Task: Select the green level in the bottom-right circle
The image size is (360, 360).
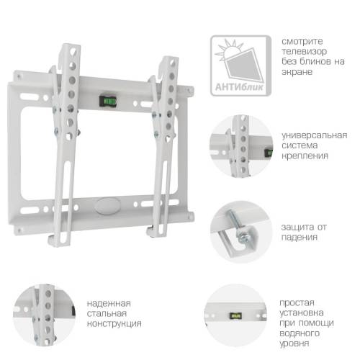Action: click(x=234, y=315)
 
